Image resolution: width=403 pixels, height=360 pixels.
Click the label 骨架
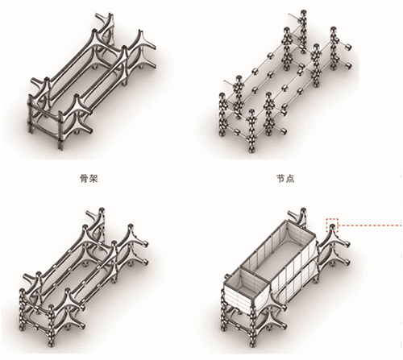89,179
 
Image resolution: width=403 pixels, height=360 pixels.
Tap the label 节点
285,179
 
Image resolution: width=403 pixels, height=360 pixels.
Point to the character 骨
85,179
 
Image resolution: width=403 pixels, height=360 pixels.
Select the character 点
290,179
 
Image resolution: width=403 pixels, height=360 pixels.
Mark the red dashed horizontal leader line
370,226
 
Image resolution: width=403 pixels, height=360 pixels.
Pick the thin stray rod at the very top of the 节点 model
295,16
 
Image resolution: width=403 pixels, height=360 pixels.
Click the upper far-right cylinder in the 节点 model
348,48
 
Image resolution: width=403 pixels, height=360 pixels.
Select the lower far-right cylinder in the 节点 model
348,65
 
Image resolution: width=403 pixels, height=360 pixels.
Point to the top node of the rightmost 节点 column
333,30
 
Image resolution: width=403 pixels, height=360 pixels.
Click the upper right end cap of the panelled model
347,243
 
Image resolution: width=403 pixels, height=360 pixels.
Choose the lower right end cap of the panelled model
347,261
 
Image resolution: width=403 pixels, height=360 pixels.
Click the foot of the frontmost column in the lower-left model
51,343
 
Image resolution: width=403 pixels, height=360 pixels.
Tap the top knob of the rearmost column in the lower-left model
102,210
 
